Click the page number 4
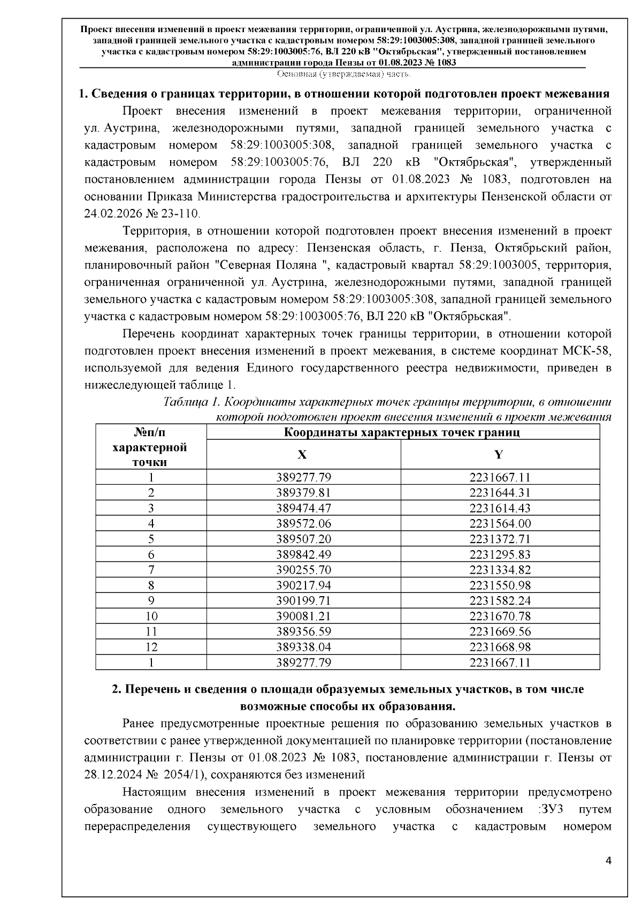point(608,861)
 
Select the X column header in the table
point(303,455)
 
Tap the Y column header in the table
point(499,455)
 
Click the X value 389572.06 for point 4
point(303,523)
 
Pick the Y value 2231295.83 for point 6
point(500,554)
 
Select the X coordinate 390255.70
point(303,570)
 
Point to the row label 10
point(151,617)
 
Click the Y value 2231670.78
point(500,617)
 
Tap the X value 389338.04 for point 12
point(303,647)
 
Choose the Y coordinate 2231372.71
point(500,539)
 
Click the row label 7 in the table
point(151,570)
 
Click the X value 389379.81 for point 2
point(303,492)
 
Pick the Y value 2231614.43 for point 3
point(500,508)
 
